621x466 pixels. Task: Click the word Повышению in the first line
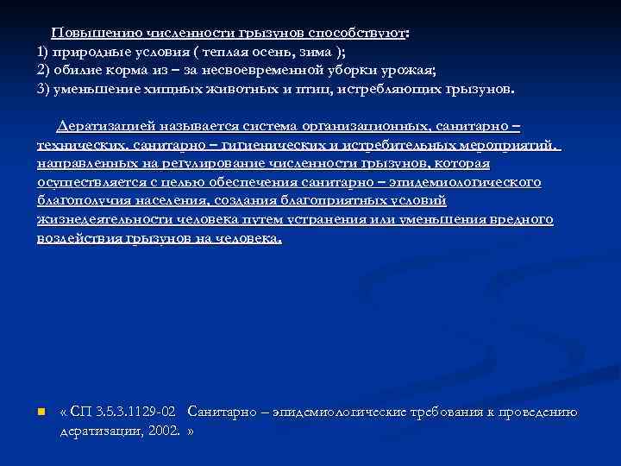[86, 35]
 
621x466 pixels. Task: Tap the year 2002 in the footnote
[164, 429]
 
